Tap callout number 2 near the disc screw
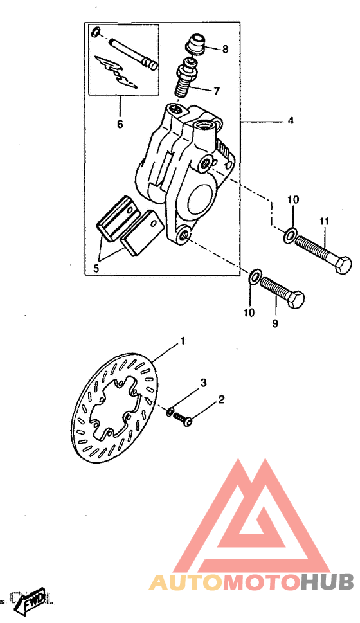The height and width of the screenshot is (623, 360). pyautogui.click(x=221, y=400)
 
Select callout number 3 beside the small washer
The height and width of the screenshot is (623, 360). pyautogui.click(x=203, y=383)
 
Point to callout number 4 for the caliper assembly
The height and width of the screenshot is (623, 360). pyautogui.click(x=291, y=120)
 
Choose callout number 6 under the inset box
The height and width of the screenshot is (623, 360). pyautogui.click(x=120, y=124)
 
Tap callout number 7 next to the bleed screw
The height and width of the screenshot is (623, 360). pyautogui.click(x=216, y=91)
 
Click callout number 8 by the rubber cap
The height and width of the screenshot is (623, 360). pyautogui.click(x=225, y=49)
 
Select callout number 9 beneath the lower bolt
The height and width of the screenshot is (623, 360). pyautogui.click(x=275, y=323)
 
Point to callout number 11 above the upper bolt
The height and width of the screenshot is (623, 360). pyautogui.click(x=324, y=221)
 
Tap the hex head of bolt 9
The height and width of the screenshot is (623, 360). pyautogui.click(x=297, y=300)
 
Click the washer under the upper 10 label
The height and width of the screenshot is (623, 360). pyautogui.click(x=289, y=235)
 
